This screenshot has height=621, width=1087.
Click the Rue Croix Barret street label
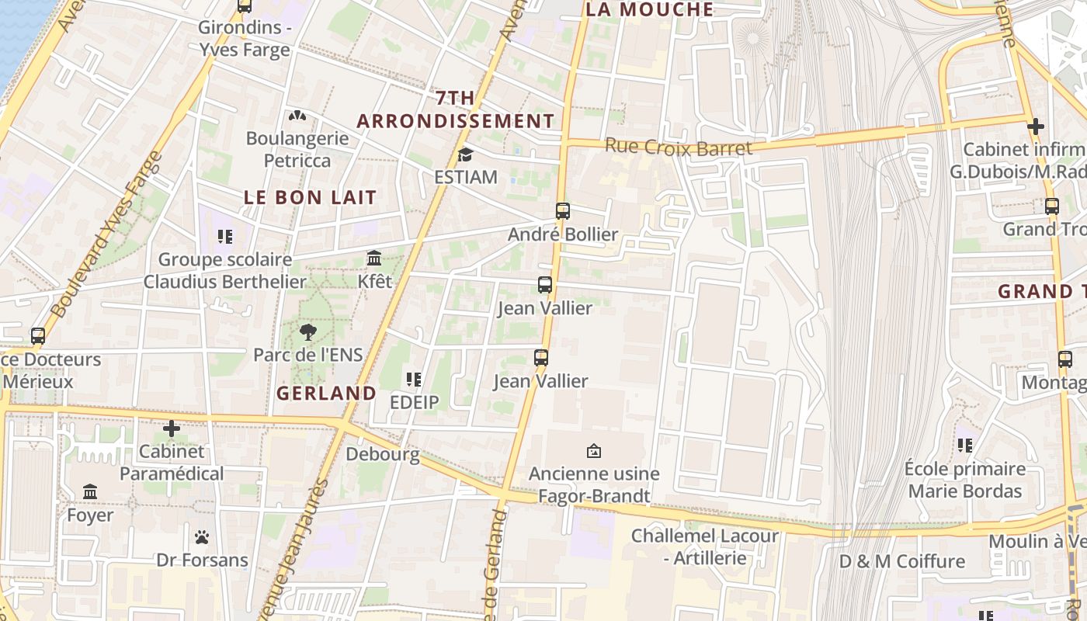678,147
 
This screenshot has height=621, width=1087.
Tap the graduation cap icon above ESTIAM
465,155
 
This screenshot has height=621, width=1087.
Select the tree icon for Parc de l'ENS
308,333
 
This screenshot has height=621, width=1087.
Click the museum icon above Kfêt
374,258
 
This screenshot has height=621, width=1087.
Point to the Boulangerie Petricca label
297,149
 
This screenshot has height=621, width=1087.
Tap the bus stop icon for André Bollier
563,211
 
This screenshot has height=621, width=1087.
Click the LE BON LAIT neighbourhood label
310,197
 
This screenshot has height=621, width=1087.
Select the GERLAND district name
326,394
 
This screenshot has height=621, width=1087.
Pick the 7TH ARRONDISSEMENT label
456,109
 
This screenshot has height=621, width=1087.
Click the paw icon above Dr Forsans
202,537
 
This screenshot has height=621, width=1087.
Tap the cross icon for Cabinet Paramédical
172,428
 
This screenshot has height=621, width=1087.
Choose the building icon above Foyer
90,492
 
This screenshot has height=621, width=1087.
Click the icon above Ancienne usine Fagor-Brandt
594,451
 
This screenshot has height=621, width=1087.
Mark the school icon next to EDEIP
414,380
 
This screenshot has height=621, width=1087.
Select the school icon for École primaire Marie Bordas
965,446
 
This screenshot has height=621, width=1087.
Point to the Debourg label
382,454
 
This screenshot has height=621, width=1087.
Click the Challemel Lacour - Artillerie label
704,546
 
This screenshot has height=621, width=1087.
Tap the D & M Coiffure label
902,561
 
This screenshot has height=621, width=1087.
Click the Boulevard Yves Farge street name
106,234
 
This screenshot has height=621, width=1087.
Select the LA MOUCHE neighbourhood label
649,9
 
